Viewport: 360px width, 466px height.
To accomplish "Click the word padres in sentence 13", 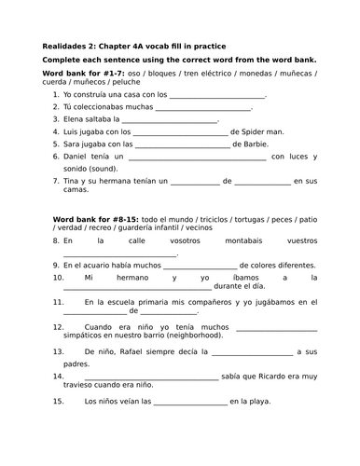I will pyautogui.click(x=77, y=363).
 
